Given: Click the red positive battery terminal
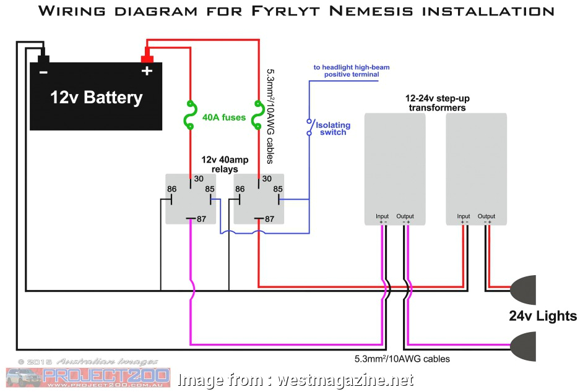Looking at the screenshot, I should (147, 59).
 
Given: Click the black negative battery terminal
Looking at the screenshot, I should (43, 59).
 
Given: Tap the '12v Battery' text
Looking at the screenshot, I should (96, 98).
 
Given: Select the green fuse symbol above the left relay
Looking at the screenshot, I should (189, 116).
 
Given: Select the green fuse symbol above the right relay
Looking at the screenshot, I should (258, 116).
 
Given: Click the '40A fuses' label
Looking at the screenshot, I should (223, 117).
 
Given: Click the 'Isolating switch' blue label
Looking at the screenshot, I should (333, 129).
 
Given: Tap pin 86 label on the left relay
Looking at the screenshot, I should (173, 189).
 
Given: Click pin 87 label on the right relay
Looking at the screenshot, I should (269, 219).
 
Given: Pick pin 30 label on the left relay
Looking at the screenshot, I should (198, 179).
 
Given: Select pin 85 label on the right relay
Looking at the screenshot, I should (278, 189).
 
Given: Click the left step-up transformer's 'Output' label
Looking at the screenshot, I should (405, 216).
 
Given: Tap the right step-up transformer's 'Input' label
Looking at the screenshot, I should (463, 216).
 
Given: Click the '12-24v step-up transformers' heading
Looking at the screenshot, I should (435, 103).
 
